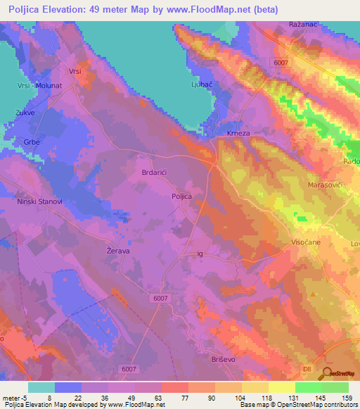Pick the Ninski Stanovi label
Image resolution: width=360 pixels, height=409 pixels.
pyautogui.click(x=40, y=201)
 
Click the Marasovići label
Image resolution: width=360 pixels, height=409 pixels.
pyautogui.click(x=325, y=185)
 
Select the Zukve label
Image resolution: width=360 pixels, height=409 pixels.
pyautogui.click(x=25, y=112)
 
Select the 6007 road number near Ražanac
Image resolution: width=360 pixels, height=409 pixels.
pyautogui.click(x=281, y=63)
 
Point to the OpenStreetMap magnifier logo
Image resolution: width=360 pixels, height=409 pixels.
pyautogui.click(x=326, y=375)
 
